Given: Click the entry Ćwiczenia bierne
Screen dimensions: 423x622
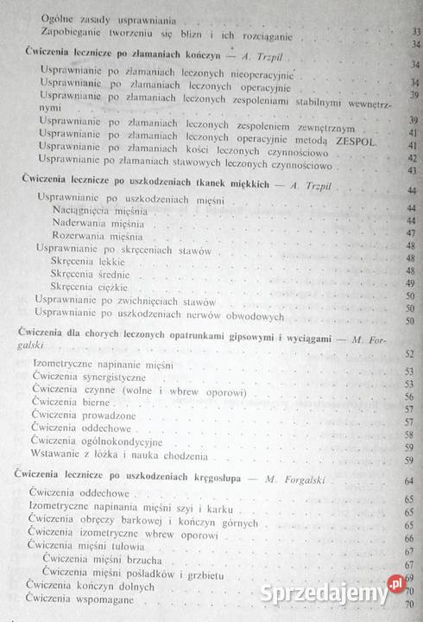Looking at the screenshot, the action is coord(66,403).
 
